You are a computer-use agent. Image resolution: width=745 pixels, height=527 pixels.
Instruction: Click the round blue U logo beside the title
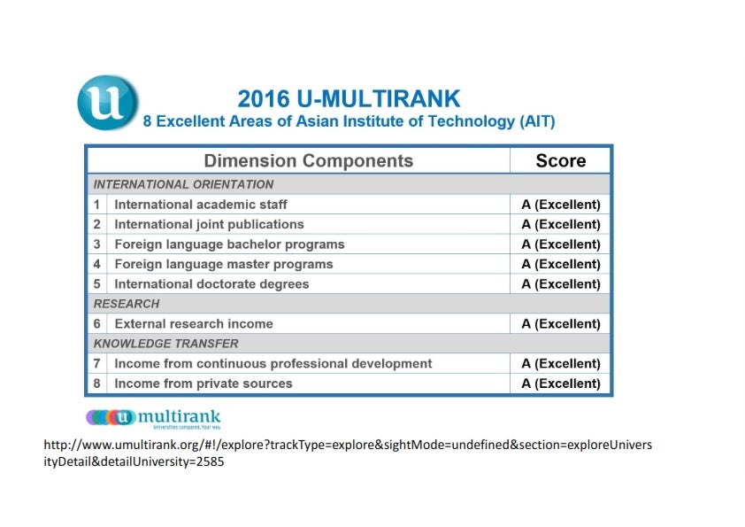point(108,102)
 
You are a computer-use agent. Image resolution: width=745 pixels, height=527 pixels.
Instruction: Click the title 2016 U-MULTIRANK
point(349,99)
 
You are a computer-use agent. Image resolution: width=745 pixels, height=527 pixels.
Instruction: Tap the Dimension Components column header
point(309,161)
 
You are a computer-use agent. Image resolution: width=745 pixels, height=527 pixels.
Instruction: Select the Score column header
point(561,161)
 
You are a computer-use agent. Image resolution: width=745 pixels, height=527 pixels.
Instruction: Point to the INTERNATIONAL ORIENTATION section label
point(183,184)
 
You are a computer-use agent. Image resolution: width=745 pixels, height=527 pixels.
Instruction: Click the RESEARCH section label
point(127,304)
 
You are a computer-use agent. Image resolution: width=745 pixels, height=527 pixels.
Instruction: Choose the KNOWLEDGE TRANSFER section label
point(165,344)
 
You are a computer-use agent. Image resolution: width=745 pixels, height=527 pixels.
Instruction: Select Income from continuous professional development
point(273,364)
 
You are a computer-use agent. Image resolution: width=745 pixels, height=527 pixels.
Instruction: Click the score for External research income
point(561,324)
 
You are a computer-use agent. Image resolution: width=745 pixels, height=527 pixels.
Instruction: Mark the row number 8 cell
point(97,384)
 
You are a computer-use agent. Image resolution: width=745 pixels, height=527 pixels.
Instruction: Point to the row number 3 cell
point(97,244)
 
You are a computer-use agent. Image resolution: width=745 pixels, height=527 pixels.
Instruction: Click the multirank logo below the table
point(153,419)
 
